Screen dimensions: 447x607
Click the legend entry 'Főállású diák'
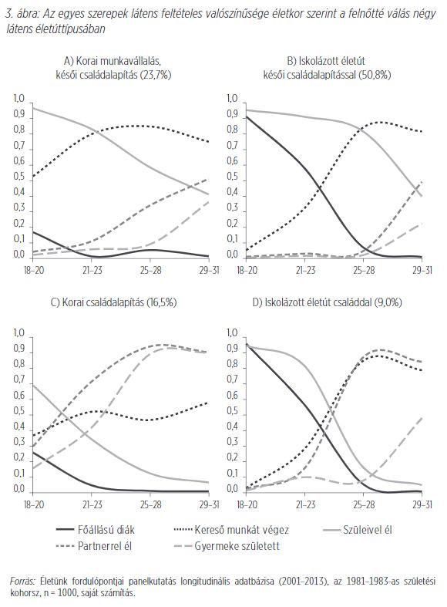pyautogui.click(x=95, y=530)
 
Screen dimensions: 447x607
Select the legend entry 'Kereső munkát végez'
pyautogui.click(x=232, y=530)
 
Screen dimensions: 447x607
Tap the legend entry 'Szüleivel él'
pyautogui.click(x=358, y=530)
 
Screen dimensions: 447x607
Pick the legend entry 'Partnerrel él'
pyautogui.click(x=94, y=546)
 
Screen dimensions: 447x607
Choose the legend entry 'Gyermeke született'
pyautogui.click(x=227, y=546)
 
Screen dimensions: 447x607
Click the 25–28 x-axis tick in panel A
pyautogui.click(x=150, y=270)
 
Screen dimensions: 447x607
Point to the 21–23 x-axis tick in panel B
pyautogui.click(x=305, y=270)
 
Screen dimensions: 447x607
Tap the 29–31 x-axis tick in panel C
pyautogui.click(x=208, y=504)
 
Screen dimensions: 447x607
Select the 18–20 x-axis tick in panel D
pyautogui.click(x=247, y=504)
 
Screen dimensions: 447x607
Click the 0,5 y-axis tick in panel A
pyautogui.click(x=19, y=177)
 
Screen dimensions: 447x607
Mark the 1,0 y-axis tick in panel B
pyautogui.click(x=232, y=98)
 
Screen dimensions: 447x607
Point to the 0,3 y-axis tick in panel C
pyautogui.click(x=19, y=442)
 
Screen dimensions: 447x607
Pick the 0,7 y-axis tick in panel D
pyautogui.click(x=232, y=379)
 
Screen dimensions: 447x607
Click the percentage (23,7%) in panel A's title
pyautogui.click(x=156, y=75)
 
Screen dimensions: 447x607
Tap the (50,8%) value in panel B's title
pyautogui.click(x=375, y=75)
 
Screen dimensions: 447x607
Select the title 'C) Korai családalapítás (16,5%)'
pyautogui.click(x=114, y=302)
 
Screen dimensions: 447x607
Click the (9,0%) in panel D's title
pyautogui.click(x=388, y=302)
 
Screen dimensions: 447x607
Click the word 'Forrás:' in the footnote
pyautogui.click(x=23, y=581)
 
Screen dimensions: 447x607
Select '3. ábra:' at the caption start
pyautogui.click(x=23, y=15)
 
